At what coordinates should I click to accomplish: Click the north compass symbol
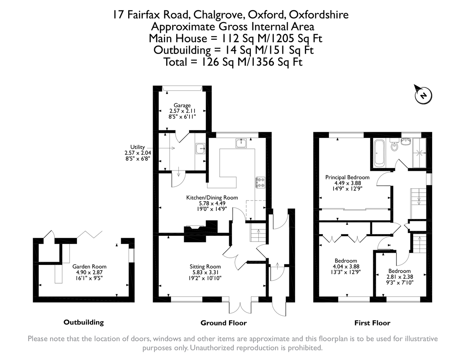(x=422, y=94)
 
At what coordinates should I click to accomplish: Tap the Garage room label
(x=182, y=105)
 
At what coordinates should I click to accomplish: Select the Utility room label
(x=137, y=147)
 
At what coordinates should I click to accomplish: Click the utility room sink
(x=200, y=148)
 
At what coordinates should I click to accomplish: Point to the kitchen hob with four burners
(x=260, y=183)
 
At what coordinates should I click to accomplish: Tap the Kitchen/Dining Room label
(x=212, y=198)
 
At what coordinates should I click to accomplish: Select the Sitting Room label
(x=205, y=266)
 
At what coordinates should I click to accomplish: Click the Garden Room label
(x=89, y=266)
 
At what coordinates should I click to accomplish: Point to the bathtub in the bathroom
(x=379, y=154)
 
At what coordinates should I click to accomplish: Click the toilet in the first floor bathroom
(x=394, y=147)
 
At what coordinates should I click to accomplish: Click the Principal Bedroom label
(x=347, y=177)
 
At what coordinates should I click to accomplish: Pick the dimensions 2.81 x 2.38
(x=399, y=277)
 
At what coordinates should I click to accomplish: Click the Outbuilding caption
(x=83, y=322)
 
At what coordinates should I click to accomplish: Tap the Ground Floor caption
(x=223, y=323)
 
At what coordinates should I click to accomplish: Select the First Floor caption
(x=372, y=323)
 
